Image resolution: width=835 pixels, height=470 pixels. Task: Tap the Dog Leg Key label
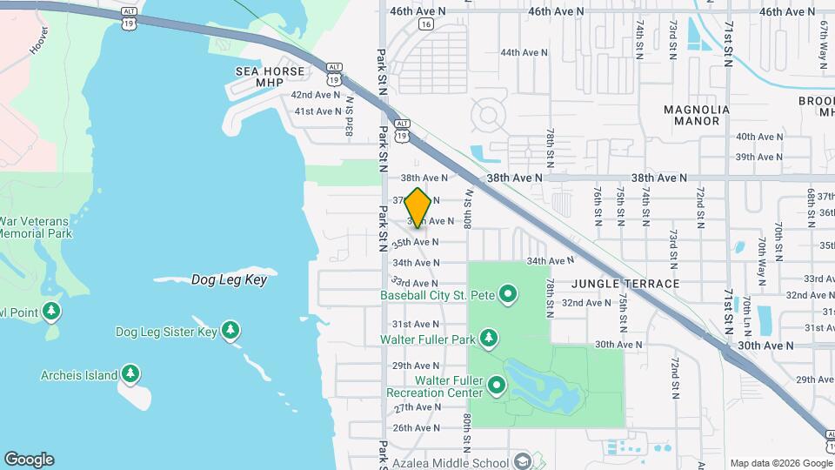229,280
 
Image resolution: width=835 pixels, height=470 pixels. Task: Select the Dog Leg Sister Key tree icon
230,331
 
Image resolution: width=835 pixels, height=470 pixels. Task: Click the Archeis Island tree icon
130,374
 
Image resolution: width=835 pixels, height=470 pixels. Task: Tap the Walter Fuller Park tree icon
490,338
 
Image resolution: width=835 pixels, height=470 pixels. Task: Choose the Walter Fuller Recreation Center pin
497,385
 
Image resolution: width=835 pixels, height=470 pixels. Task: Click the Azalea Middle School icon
523,460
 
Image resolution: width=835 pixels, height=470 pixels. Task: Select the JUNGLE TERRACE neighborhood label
626,284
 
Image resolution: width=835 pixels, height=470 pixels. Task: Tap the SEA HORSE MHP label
270,77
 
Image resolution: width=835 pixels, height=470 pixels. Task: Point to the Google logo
29,460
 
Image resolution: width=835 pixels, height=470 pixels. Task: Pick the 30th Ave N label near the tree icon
618,345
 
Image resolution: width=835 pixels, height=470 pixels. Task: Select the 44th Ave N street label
524,52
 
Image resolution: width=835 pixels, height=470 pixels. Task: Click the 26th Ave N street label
416,428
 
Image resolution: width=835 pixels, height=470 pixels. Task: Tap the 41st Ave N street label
317,111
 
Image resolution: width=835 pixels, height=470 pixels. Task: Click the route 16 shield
424,24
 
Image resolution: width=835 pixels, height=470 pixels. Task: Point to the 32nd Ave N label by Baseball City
586,303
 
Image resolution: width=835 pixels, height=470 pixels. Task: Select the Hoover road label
39,40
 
